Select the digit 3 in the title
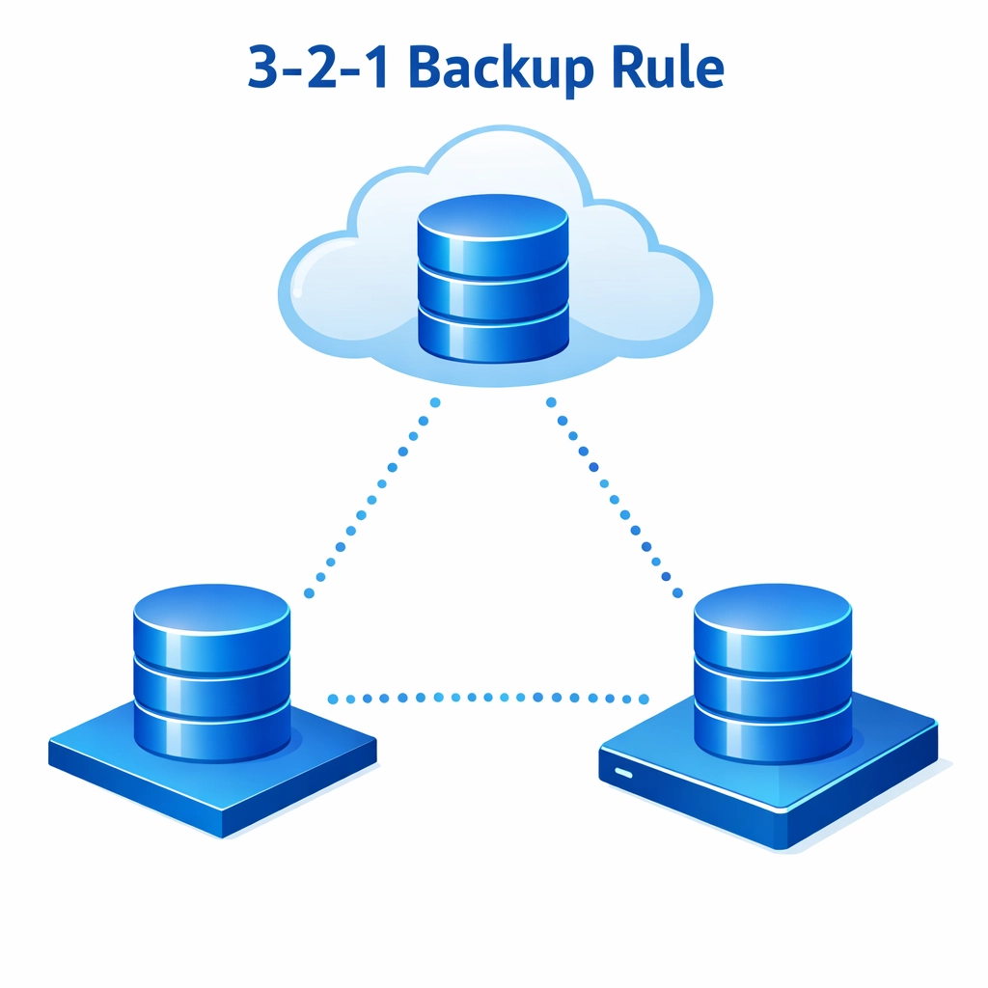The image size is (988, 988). (270, 68)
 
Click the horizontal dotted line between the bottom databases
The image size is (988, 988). (487, 698)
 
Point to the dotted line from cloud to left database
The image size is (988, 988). (371, 497)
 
